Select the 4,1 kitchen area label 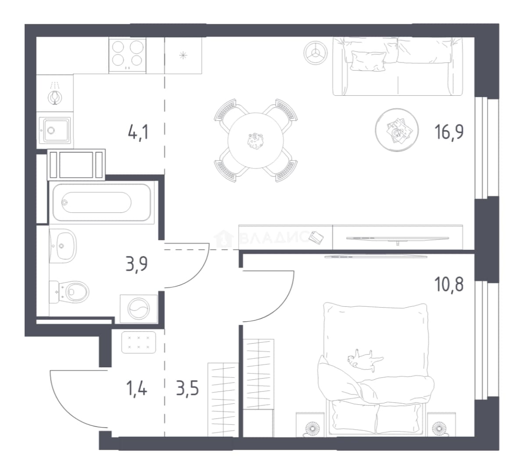pos(138,132)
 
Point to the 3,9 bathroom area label pos(136,264)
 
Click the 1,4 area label pos(136,389)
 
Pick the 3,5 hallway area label pos(187,389)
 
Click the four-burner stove pos(127,55)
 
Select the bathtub pos(101,202)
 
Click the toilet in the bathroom pos(69,292)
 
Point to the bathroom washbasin pos(63,246)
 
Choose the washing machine pos(139,309)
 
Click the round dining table pos(256,140)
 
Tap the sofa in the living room pos(398,67)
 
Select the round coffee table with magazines pos(397,130)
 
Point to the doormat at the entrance pos(139,342)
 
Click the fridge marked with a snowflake pos(183,55)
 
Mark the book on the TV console pos(316,238)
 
